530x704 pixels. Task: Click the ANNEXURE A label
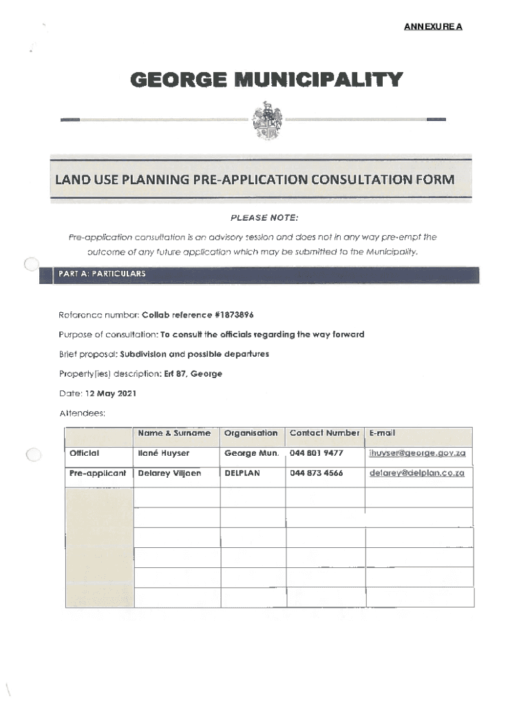432,27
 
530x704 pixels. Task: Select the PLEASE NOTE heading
264,218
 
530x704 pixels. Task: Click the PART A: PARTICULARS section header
100,274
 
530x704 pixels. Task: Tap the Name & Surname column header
173,433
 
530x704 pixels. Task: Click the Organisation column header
251,433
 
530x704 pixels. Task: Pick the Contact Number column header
324,433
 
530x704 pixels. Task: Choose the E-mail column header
382,433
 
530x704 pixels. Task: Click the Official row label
84,453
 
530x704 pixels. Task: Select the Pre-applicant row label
97,473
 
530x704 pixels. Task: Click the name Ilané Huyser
163,453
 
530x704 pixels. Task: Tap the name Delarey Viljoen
169,473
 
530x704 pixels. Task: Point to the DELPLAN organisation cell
242,473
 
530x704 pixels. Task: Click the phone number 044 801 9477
316,453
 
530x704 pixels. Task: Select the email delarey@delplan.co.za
416,473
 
